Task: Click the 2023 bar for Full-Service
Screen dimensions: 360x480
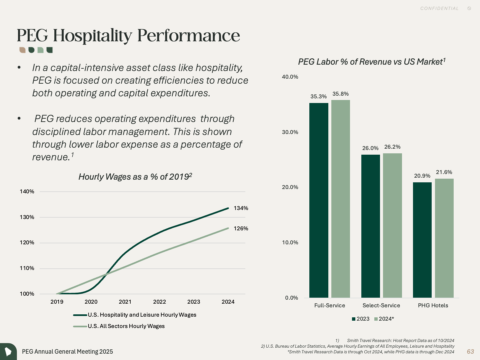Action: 319,200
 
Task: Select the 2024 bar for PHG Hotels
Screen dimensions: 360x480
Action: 444,238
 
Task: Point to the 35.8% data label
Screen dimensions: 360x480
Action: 340,94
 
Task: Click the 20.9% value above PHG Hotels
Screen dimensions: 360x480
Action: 422,176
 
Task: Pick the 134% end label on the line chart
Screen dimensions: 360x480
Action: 241,208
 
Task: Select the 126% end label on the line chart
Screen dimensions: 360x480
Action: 241,228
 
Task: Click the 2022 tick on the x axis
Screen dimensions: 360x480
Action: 159,302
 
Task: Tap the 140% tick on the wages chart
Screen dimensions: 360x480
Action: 27,191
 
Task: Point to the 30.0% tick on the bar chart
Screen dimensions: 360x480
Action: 290,132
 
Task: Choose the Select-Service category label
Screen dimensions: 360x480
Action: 381,305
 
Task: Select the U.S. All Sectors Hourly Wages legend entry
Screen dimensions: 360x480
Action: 126,326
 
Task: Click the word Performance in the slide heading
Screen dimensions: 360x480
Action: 188,35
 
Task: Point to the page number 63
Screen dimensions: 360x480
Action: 470,351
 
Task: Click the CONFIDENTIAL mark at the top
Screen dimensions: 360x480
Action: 439,8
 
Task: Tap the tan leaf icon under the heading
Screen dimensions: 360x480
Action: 22,50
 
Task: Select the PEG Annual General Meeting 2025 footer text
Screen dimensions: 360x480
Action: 67,351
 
